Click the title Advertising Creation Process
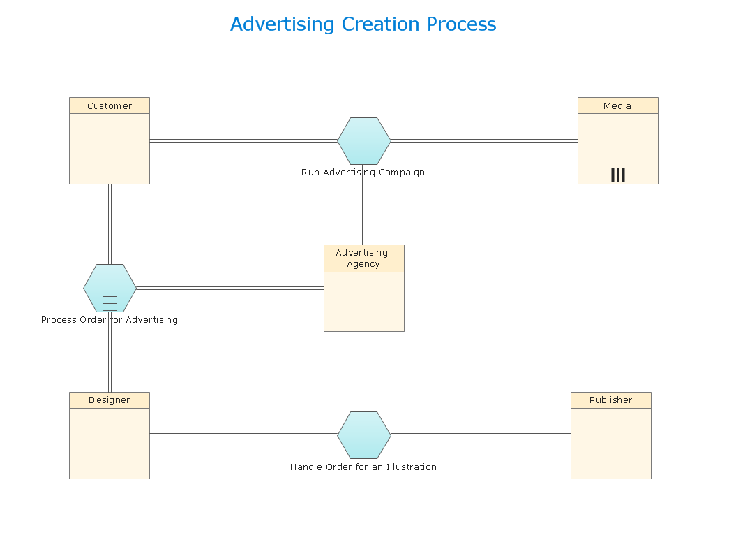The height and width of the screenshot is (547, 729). coord(363,24)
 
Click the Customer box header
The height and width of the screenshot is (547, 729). coord(110,105)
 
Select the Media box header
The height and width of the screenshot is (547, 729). coord(617,105)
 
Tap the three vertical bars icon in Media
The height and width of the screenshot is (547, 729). coord(617,175)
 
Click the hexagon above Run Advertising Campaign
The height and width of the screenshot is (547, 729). coord(363,140)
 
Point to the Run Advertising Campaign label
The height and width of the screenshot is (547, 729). coord(363,173)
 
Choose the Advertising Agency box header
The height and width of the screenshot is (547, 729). coord(363,258)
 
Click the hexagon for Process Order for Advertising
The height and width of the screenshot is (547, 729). coord(110,282)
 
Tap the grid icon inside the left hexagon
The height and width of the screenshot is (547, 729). coord(110,303)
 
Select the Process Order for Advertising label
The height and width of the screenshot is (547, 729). coord(110,320)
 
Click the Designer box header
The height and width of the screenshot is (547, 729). coord(110,400)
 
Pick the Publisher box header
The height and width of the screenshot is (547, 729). coord(610,400)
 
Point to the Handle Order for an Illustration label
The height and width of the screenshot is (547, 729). coord(363,467)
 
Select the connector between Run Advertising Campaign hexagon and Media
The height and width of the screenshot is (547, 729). coord(484,140)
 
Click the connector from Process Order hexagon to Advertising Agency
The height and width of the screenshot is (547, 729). coord(230,288)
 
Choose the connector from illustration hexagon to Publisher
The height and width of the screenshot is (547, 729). coord(481,435)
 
